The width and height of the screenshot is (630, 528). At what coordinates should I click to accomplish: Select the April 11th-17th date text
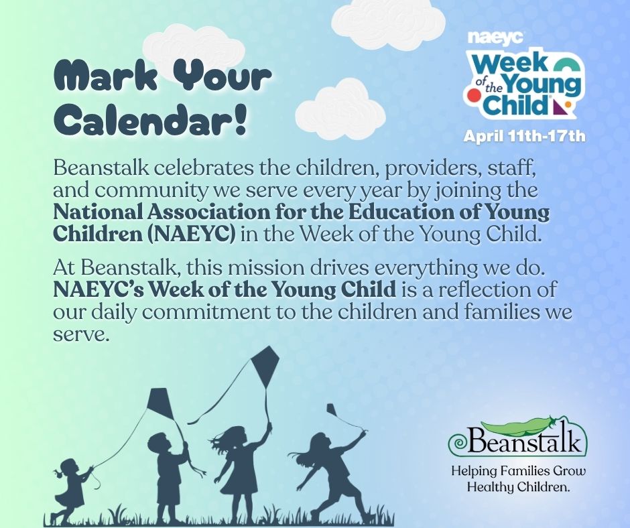click(x=525, y=137)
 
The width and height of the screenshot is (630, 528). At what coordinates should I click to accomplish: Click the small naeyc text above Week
click(x=505, y=38)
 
